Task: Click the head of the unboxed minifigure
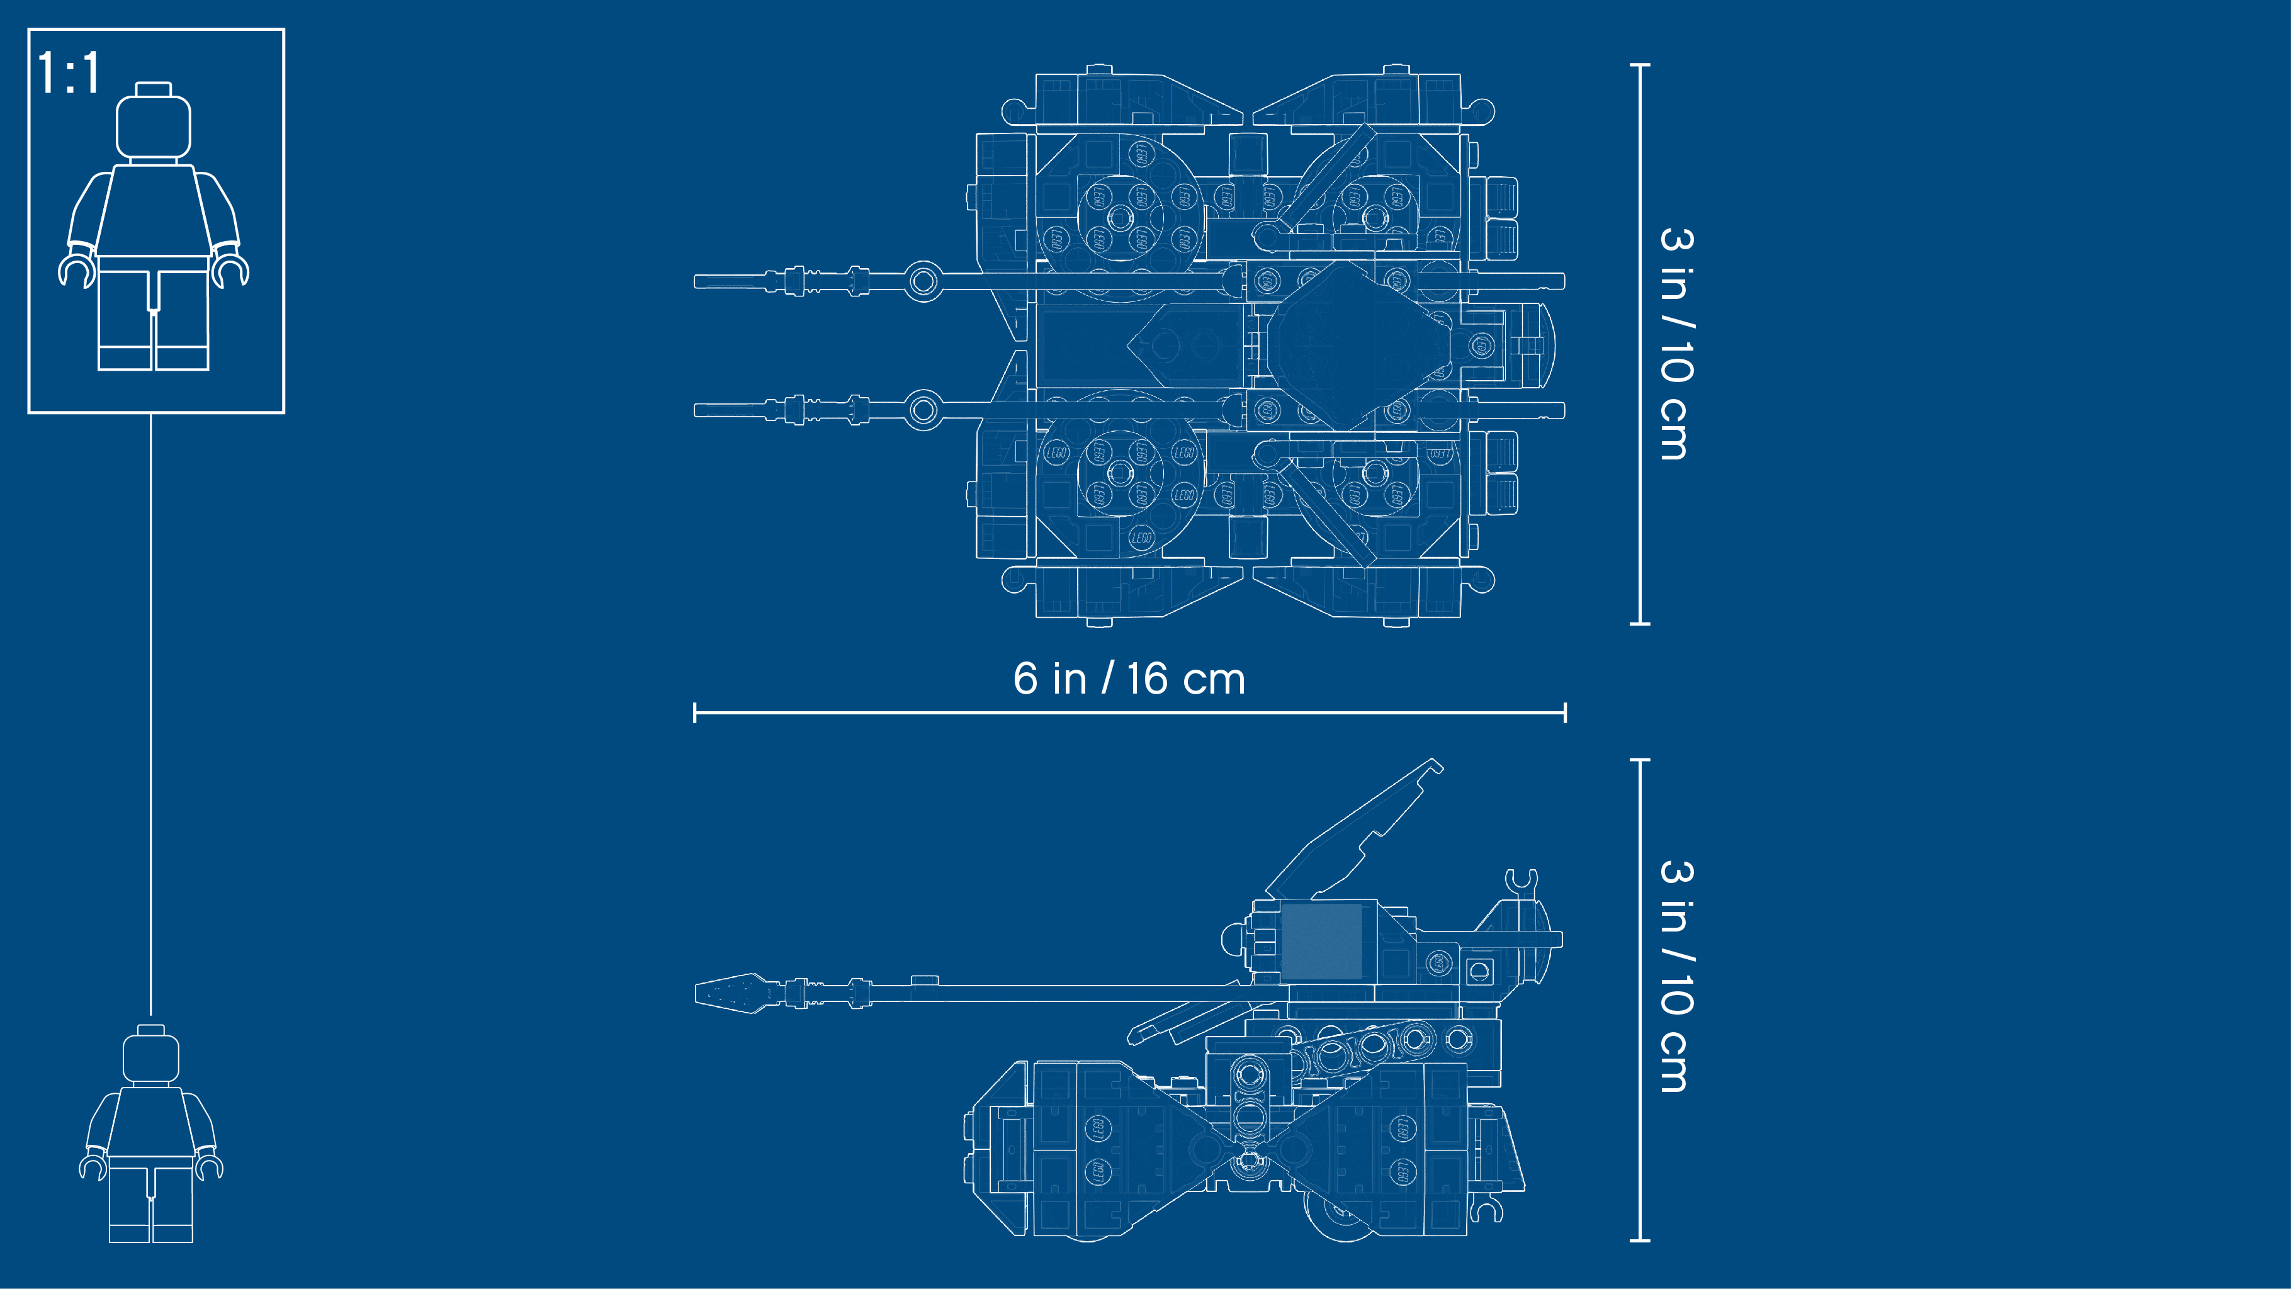(x=150, y=1056)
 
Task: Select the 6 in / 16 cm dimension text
(x=1129, y=678)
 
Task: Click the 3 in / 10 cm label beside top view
(x=1677, y=344)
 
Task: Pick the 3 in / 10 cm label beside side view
(x=1677, y=976)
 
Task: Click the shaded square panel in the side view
(x=1321, y=941)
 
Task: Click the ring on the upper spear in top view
(x=923, y=282)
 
